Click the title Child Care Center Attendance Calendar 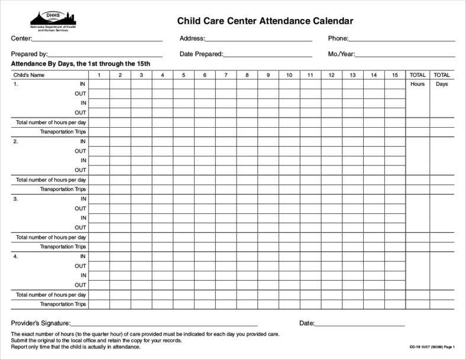(265, 21)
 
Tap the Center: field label (21, 38)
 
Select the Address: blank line (258, 40)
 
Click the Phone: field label (338, 38)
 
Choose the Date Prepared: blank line (267, 55)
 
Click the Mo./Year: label (341, 54)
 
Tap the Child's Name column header (30, 75)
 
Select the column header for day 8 (247, 75)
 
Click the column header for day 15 (394, 75)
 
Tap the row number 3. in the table (16, 199)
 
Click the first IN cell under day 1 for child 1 (99, 84)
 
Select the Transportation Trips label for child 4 (63, 304)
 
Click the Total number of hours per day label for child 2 (51, 180)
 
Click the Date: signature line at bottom (360, 325)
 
